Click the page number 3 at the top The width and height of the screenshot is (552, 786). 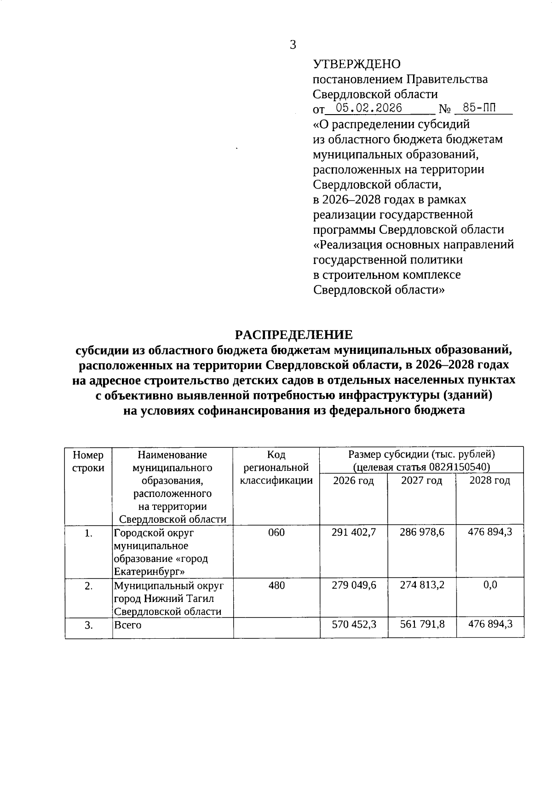pos(293,45)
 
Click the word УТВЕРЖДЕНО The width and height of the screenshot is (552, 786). pos(356,64)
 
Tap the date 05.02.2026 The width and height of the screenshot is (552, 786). pos(369,108)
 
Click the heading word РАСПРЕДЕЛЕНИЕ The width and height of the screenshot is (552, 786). pos(294,335)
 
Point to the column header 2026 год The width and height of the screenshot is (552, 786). pos(353,481)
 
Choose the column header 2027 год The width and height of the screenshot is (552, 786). pos(422,481)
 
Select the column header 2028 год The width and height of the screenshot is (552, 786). pos(489,481)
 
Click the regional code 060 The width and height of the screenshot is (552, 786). pos(276,532)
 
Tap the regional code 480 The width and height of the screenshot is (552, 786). pos(276,585)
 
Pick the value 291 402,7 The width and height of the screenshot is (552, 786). pos(354,532)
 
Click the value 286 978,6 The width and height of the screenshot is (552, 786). pos(422,532)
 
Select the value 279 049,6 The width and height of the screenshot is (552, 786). pos(354,585)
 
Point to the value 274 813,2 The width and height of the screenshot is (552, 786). pos(422,585)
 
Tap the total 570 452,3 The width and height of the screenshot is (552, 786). pos(354,624)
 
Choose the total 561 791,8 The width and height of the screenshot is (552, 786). pos(422,624)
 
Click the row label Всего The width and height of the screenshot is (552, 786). pos(127,625)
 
